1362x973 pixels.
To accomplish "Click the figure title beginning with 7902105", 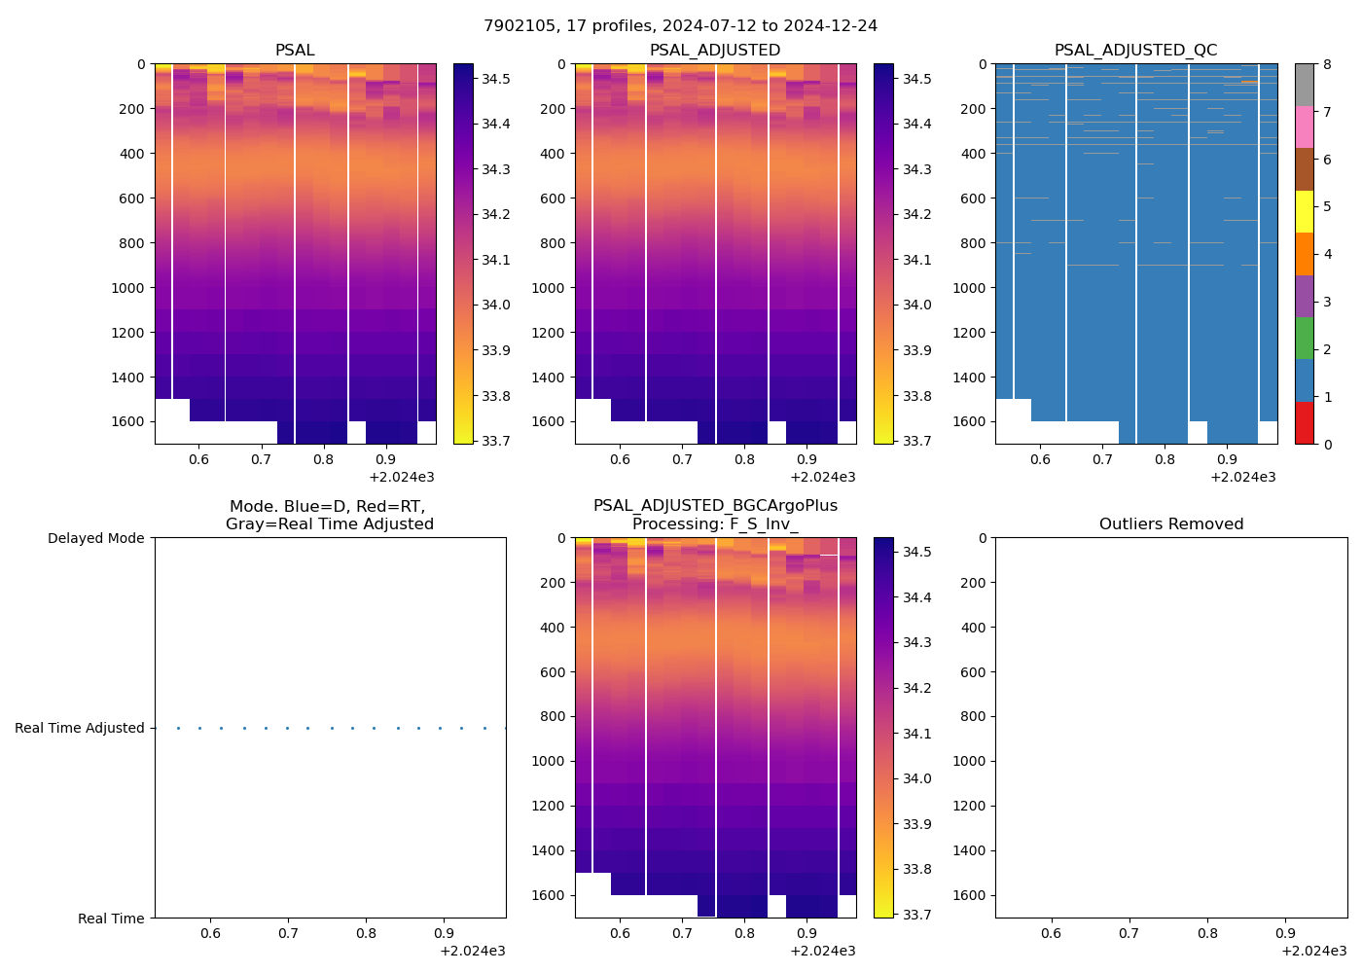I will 680,26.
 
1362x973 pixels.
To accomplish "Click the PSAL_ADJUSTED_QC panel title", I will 1135,51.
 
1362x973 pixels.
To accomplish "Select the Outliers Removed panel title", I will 1170,524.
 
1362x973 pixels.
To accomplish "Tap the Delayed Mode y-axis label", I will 95,538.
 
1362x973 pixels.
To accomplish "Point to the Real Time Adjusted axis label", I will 80,728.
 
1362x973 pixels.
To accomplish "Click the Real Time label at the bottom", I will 111,919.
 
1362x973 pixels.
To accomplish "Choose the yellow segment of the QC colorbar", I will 1305,211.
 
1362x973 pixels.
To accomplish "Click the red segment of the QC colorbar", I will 1305,423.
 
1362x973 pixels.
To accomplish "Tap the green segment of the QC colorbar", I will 1305,338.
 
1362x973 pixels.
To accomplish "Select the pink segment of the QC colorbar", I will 1305,126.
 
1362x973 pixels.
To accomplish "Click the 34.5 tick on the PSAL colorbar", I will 496,79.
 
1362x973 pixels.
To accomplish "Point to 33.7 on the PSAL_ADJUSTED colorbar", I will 916,441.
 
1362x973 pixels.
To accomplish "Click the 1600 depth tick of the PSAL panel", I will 132,421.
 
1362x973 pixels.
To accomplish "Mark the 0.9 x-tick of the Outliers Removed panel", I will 1285,933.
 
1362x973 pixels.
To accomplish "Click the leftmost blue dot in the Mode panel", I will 178,728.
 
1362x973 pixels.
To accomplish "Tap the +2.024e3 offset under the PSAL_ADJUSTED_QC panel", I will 1242,478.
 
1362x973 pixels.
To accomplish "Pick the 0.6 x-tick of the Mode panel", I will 210,933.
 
